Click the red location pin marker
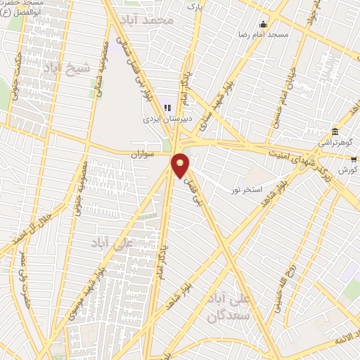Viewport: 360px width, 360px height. point(181,165)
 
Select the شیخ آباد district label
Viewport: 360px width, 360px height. point(67,69)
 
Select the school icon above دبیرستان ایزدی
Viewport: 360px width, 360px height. point(167,108)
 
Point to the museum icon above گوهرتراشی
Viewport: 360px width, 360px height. point(335,131)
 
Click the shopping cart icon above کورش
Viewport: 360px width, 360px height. point(353,160)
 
